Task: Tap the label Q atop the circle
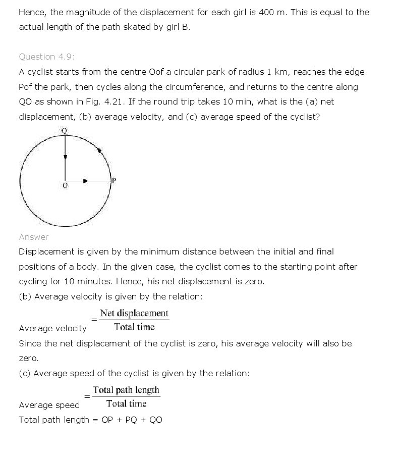tap(64, 130)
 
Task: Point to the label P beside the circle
tap(114, 180)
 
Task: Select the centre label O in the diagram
tap(65, 186)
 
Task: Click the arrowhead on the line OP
tap(85, 180)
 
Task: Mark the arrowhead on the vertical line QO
tap(65, 157)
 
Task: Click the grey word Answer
tap(34, 237)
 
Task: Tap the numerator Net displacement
tap(134, 313)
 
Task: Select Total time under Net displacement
tap(134, 327)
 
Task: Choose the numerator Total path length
tap(126, 390)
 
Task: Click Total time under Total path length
tap(126, 403)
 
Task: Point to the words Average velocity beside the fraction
tap(52, 328)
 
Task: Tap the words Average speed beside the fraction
tap(49, 405)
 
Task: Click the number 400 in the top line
tap(266, 12)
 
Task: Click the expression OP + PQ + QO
tap(132, 420)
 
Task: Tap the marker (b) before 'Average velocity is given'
tap(25, 296)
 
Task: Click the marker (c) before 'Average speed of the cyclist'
tap(25, 373)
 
